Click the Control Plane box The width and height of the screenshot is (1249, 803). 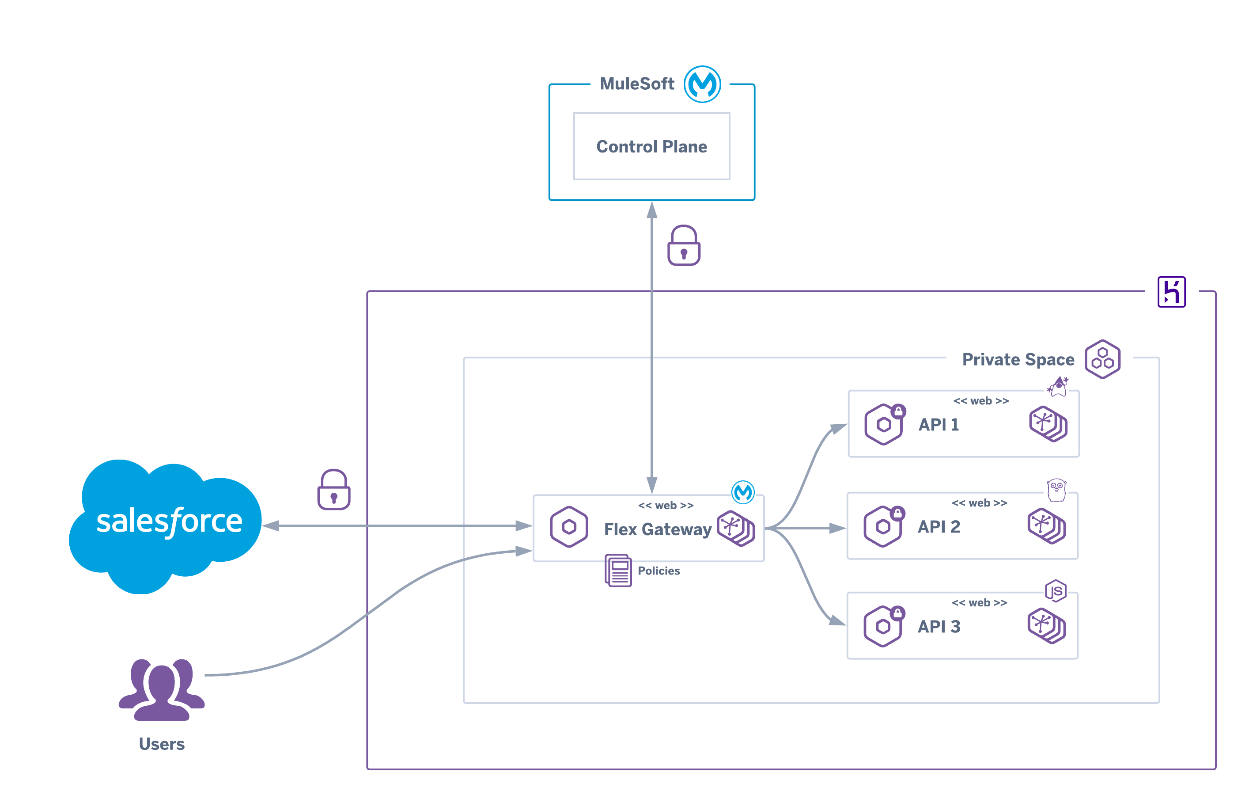click(651, 147)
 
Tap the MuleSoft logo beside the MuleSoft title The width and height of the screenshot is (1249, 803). click(702, 84)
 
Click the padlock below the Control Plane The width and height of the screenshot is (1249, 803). click(683, 246)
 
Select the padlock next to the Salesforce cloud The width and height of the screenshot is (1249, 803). click(333, 490)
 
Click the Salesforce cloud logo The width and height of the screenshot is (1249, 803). click(166, 524)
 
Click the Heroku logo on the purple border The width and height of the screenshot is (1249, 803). click(1171, 292)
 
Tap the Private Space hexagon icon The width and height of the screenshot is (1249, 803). click(1102, 359)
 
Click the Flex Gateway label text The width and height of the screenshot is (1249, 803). click(657, 529)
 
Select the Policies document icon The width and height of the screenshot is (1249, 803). click(618, 571)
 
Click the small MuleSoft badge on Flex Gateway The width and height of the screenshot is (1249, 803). click(742, 492)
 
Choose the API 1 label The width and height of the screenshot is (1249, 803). click(938, 424)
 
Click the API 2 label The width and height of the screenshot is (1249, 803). click(938, 527)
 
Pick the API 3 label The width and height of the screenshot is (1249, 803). click(938, 626)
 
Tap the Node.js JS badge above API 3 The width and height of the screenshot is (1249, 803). click(1055, 591)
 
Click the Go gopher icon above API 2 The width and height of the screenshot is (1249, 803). click(1056, 490)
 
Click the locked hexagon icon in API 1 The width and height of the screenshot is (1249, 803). click(884, 424)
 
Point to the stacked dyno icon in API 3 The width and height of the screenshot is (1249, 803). click(1046, 626)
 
